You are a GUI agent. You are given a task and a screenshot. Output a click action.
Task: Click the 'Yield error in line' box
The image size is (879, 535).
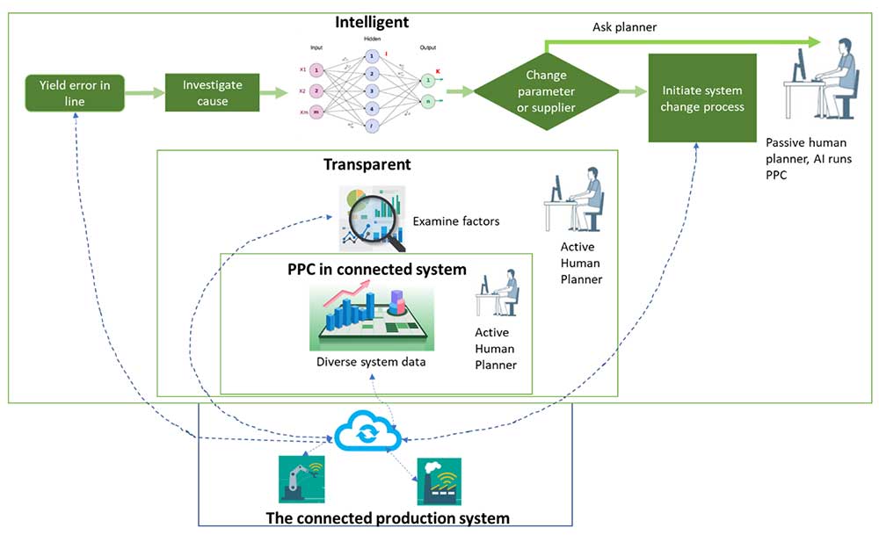(x=75, y=92)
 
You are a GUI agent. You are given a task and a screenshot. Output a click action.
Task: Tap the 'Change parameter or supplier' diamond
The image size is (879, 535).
(x=550, y=91)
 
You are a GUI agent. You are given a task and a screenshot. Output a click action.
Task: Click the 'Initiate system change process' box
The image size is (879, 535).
(x=702, y=98)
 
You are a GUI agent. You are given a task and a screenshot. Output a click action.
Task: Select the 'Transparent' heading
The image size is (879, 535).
(x=367, y=164)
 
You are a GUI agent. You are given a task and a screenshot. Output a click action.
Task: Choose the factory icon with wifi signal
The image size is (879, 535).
(x=439, y=480)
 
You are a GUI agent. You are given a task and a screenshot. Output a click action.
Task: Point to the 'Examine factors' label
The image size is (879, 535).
(x=455, y=221)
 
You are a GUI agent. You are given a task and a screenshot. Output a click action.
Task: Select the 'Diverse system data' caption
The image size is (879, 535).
(x=365, y=362)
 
